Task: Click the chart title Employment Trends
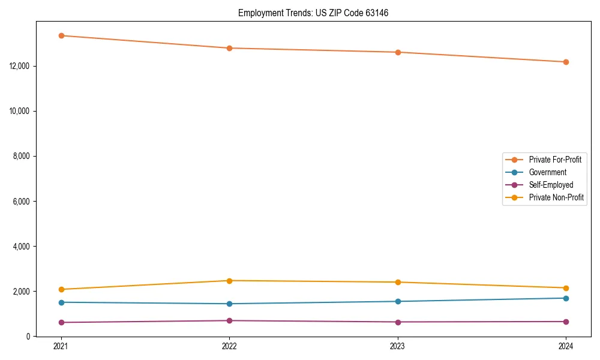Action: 313,13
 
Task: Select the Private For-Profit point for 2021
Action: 61,35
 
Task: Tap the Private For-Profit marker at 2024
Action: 566,62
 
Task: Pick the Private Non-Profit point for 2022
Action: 229,281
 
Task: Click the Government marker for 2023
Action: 398,301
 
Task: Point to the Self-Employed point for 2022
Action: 229,320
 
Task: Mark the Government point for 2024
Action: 566,298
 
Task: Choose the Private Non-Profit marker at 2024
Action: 566,288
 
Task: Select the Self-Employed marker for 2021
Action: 61,322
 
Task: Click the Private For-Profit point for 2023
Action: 398,52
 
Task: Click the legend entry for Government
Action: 547,172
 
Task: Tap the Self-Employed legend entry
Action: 551,185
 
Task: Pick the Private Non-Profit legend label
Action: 556,197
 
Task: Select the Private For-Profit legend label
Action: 555,160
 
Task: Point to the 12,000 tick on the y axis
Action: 22,66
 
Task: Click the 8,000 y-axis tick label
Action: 23,156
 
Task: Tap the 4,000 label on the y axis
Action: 23,247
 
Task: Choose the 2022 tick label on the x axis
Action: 229,346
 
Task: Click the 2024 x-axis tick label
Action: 566,346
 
